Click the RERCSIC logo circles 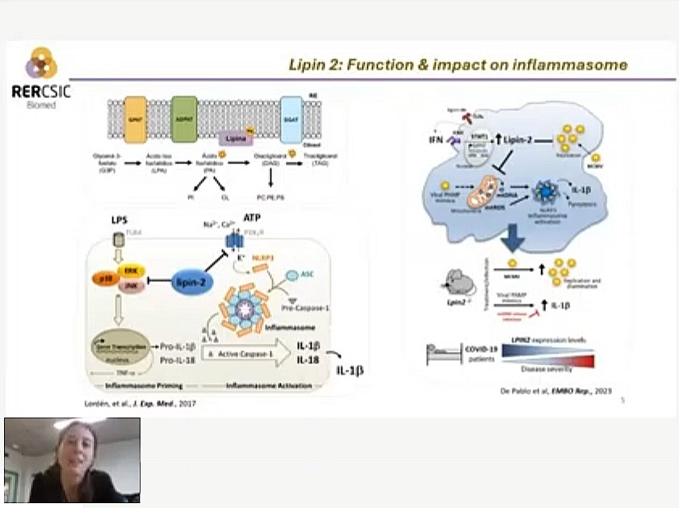click(41, 64)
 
